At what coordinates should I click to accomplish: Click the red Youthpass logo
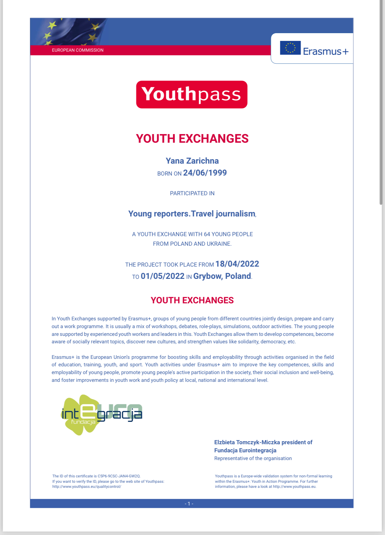(192, 94)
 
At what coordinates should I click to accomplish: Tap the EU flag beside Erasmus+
(290, 48)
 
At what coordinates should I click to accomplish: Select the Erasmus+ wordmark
(326, 51)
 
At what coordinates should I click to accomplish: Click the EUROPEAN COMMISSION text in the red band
(78, 50)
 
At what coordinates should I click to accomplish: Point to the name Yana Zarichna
(192, 161)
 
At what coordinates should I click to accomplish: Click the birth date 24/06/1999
(205, 173)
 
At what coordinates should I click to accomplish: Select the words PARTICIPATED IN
(192, 193)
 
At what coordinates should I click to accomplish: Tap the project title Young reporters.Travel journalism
(192, 214)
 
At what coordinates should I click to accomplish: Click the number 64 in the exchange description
(207, 234)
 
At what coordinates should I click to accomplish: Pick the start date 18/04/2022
(237, 264)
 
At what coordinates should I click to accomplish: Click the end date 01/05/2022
(163, 276)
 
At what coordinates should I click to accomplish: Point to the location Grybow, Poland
(222, 276)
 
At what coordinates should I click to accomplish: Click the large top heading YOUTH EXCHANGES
(192, 139)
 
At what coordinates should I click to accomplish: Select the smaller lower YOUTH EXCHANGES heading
(192, 300)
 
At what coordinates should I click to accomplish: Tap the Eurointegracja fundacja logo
(101, 414)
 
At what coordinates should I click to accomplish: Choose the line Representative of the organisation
(253, 459)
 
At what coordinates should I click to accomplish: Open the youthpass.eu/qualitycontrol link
(87, 487)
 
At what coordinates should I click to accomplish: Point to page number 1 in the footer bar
(189, 504)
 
